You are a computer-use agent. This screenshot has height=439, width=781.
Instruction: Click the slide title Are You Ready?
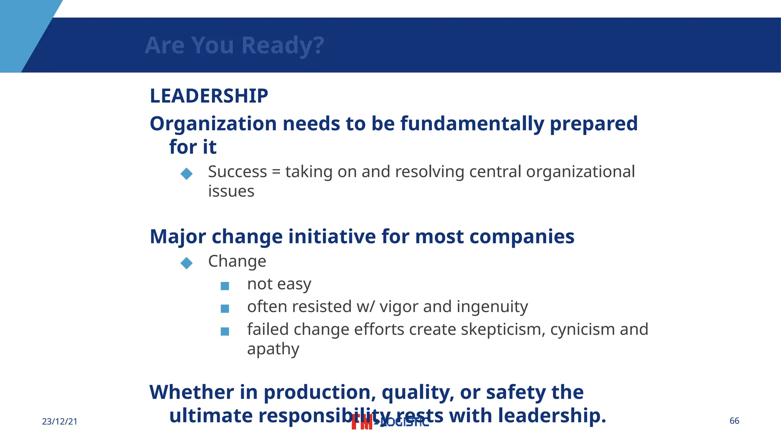[x=234, y=45]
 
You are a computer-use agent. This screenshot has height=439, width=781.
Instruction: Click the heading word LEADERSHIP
[x=209, y=96]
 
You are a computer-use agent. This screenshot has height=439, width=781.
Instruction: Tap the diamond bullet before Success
[x=186, y=174]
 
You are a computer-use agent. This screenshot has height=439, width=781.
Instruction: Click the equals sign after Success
[x=276, y=172]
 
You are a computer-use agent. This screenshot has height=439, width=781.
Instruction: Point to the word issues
[x=231, y=191]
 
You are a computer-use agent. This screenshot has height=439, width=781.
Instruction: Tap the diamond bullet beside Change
[x=186, y=263]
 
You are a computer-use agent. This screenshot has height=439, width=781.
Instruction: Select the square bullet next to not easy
[x=225, y=286]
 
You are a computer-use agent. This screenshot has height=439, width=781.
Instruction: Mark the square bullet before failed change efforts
[x=225, y=332]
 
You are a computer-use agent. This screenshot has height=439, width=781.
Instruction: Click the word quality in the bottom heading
[x=418, y=393]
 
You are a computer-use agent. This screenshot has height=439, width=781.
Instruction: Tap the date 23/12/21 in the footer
[x=59, y=421]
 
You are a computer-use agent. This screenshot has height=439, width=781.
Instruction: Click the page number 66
[x=734, y=421]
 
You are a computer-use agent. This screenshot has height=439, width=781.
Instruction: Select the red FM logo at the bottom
[x=362, y=422]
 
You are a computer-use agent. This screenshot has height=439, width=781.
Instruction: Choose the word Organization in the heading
[x=213, y=124]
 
